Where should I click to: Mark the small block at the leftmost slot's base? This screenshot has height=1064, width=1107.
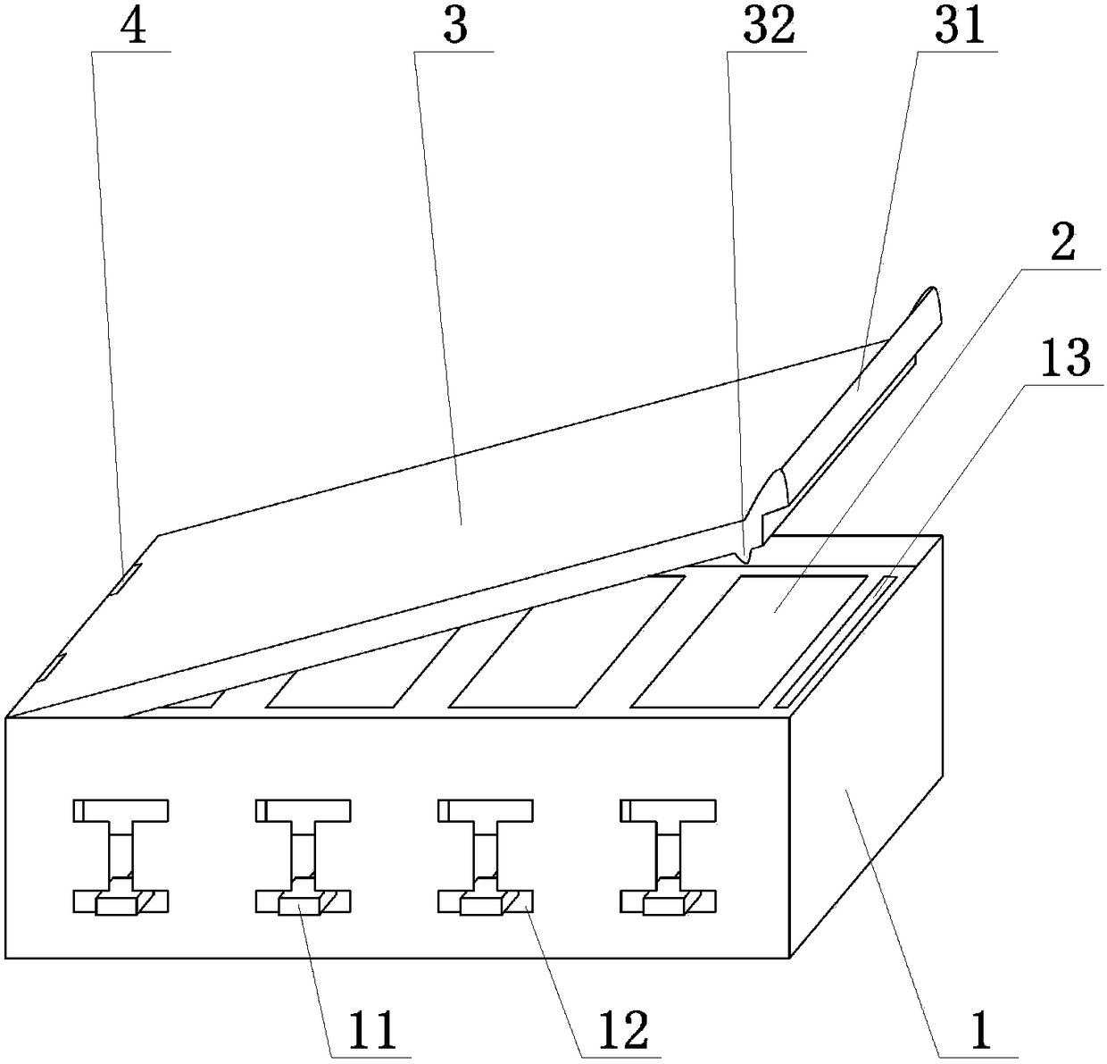(116, 906)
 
